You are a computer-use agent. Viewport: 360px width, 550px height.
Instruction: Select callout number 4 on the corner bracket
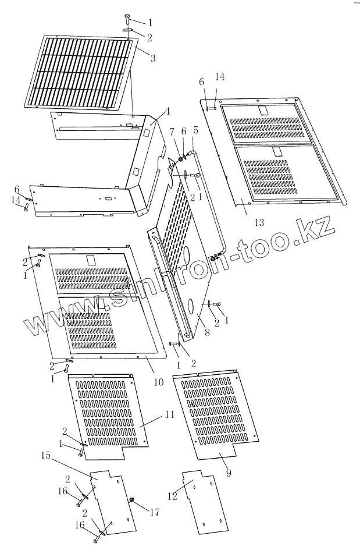(x=167, y=112)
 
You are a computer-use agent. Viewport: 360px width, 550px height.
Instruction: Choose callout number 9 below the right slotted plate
(x=229, y=473)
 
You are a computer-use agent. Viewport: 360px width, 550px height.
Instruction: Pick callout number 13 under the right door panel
(x=259, y=221)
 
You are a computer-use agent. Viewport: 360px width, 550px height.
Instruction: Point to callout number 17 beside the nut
(x=154, y=513)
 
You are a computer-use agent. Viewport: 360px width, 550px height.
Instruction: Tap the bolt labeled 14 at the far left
(x=26, y=208)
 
